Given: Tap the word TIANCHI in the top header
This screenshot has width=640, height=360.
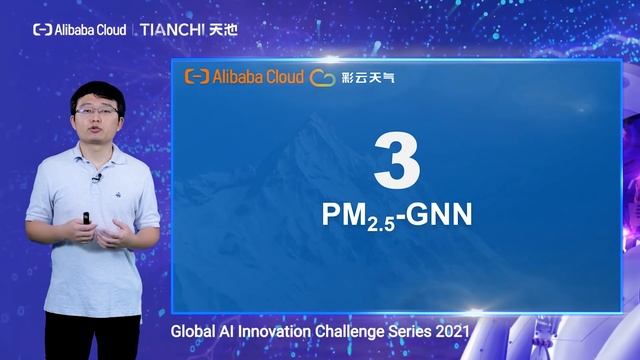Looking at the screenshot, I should (x=171, y=30).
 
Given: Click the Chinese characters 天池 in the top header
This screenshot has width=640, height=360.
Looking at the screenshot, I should (x=223, y=30).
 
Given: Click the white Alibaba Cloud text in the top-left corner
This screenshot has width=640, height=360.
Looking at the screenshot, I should (x=91, y=30).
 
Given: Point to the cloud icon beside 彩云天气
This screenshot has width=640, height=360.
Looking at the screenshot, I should (x=322, y=76).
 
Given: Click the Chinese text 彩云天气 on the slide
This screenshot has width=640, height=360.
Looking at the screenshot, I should (x=368, y=77).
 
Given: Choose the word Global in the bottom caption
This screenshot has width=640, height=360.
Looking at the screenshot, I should (x=193, y=329).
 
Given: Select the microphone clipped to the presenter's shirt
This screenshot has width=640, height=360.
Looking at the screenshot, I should (x=97, y=178).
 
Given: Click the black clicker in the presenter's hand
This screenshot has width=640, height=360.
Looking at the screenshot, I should (x=87, y=216).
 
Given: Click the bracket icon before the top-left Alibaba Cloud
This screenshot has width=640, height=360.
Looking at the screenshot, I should (x=42, y=30).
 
